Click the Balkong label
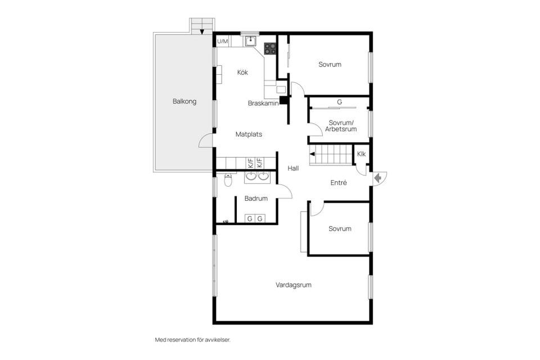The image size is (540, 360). point(184,102)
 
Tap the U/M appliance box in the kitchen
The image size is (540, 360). point(223,41)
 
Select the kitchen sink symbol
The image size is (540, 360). point(251,41)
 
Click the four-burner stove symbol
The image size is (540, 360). point(270,48)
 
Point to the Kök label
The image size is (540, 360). point(242,73)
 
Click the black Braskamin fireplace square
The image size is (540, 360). point(283,100)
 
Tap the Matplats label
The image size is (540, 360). point(249,134)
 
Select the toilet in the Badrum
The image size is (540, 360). point(228,180)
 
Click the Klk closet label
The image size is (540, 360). point(361,154)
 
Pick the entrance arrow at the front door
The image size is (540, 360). point(378,178)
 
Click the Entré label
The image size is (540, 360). point(339,183)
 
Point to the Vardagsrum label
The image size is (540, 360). point(294,285)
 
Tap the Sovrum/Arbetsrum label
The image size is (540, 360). point(341,126)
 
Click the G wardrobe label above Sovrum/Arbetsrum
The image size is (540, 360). point(340,102)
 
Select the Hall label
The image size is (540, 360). point(293,168)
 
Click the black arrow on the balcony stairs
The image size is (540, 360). point(202,32)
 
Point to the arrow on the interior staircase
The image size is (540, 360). point(313,155)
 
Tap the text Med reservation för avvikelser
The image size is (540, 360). point(192,340)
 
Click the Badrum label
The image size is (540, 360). point(256,199)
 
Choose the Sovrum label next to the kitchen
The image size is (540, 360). point(330,65)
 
